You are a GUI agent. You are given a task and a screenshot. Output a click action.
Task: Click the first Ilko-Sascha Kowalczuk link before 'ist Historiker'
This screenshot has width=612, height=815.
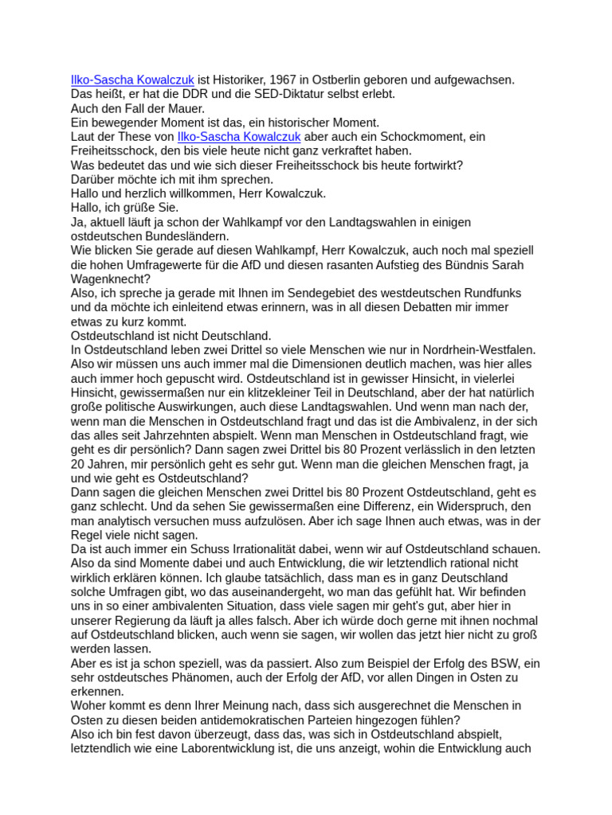132,80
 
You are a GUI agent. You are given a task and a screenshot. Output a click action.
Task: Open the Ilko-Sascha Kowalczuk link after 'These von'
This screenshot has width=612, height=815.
239,137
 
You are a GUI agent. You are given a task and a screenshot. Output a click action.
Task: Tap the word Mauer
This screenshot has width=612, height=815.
186,108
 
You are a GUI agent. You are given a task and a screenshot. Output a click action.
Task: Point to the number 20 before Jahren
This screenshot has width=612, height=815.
78,464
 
